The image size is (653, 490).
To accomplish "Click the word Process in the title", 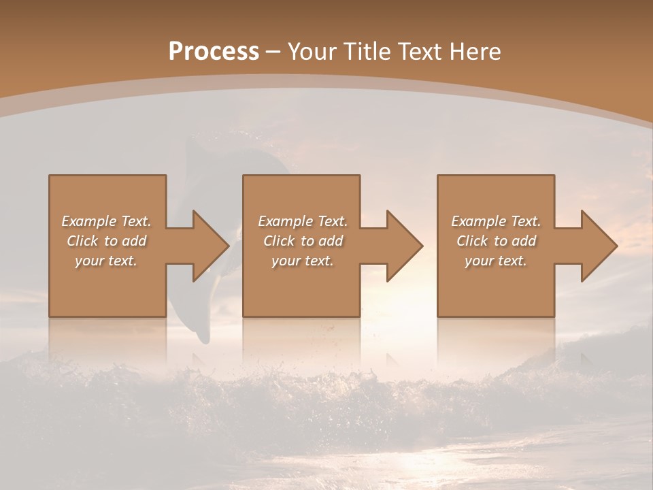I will pos(214,52).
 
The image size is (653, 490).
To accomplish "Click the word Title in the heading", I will pos(365,52).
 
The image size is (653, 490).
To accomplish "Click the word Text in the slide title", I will pos(420,52).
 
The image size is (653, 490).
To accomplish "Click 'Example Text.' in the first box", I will pos(106,221).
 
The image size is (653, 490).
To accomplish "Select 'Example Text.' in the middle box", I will pos(303,221).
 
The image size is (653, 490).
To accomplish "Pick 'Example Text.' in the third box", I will pos(496,221).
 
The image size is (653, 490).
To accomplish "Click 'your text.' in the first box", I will pos(106,261).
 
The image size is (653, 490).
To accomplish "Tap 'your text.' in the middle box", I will pos(303,261).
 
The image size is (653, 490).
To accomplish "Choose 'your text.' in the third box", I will pos(496,261).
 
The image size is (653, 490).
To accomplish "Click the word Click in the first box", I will pos(82,241).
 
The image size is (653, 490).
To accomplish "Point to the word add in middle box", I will pos(331,241).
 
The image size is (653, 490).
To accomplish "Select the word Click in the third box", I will pos(472,241).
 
